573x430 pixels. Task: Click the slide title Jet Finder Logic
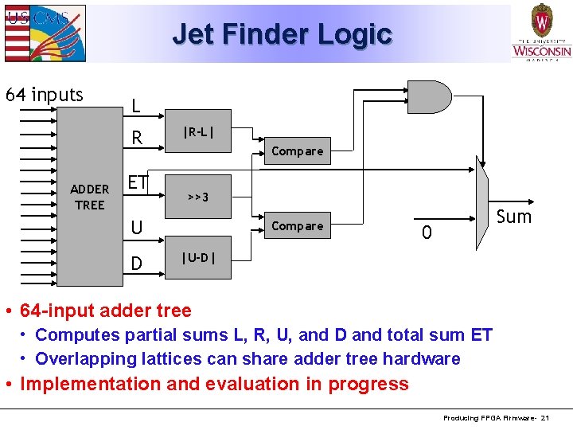[282, 34]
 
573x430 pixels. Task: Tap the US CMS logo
[44, 33]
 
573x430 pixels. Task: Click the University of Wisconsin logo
[541, 33]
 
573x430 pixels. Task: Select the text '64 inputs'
[45, 95]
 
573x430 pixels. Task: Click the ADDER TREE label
[89, 197]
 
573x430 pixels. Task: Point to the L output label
[136, 106]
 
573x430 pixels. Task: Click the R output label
[137, 139]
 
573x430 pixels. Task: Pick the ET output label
[138, 182]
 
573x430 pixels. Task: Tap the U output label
[137, 229]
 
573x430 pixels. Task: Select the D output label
[137, 263]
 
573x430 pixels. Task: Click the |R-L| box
[198, 131]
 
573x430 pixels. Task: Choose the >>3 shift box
[198, 196]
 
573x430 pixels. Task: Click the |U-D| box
[198, 257]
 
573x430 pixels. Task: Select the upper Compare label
[298, 151]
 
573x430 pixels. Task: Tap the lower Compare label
[298, 226]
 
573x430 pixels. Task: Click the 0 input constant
[427, 233]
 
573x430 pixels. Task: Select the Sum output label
[513, 217]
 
